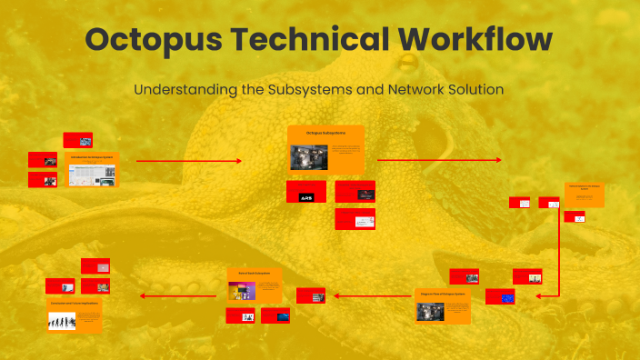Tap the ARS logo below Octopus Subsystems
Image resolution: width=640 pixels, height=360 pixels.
click(306, 192)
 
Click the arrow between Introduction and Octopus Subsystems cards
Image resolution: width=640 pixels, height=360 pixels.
click(189, 161)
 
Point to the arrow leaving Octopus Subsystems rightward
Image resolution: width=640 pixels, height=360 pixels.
click(439, 161)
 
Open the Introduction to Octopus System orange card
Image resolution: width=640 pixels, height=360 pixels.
click(94, 169)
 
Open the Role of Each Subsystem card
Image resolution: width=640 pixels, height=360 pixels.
click(255, 285)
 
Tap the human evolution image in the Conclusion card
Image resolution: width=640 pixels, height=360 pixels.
click(62, 320)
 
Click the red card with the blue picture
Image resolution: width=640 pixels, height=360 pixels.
click(500, 296)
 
